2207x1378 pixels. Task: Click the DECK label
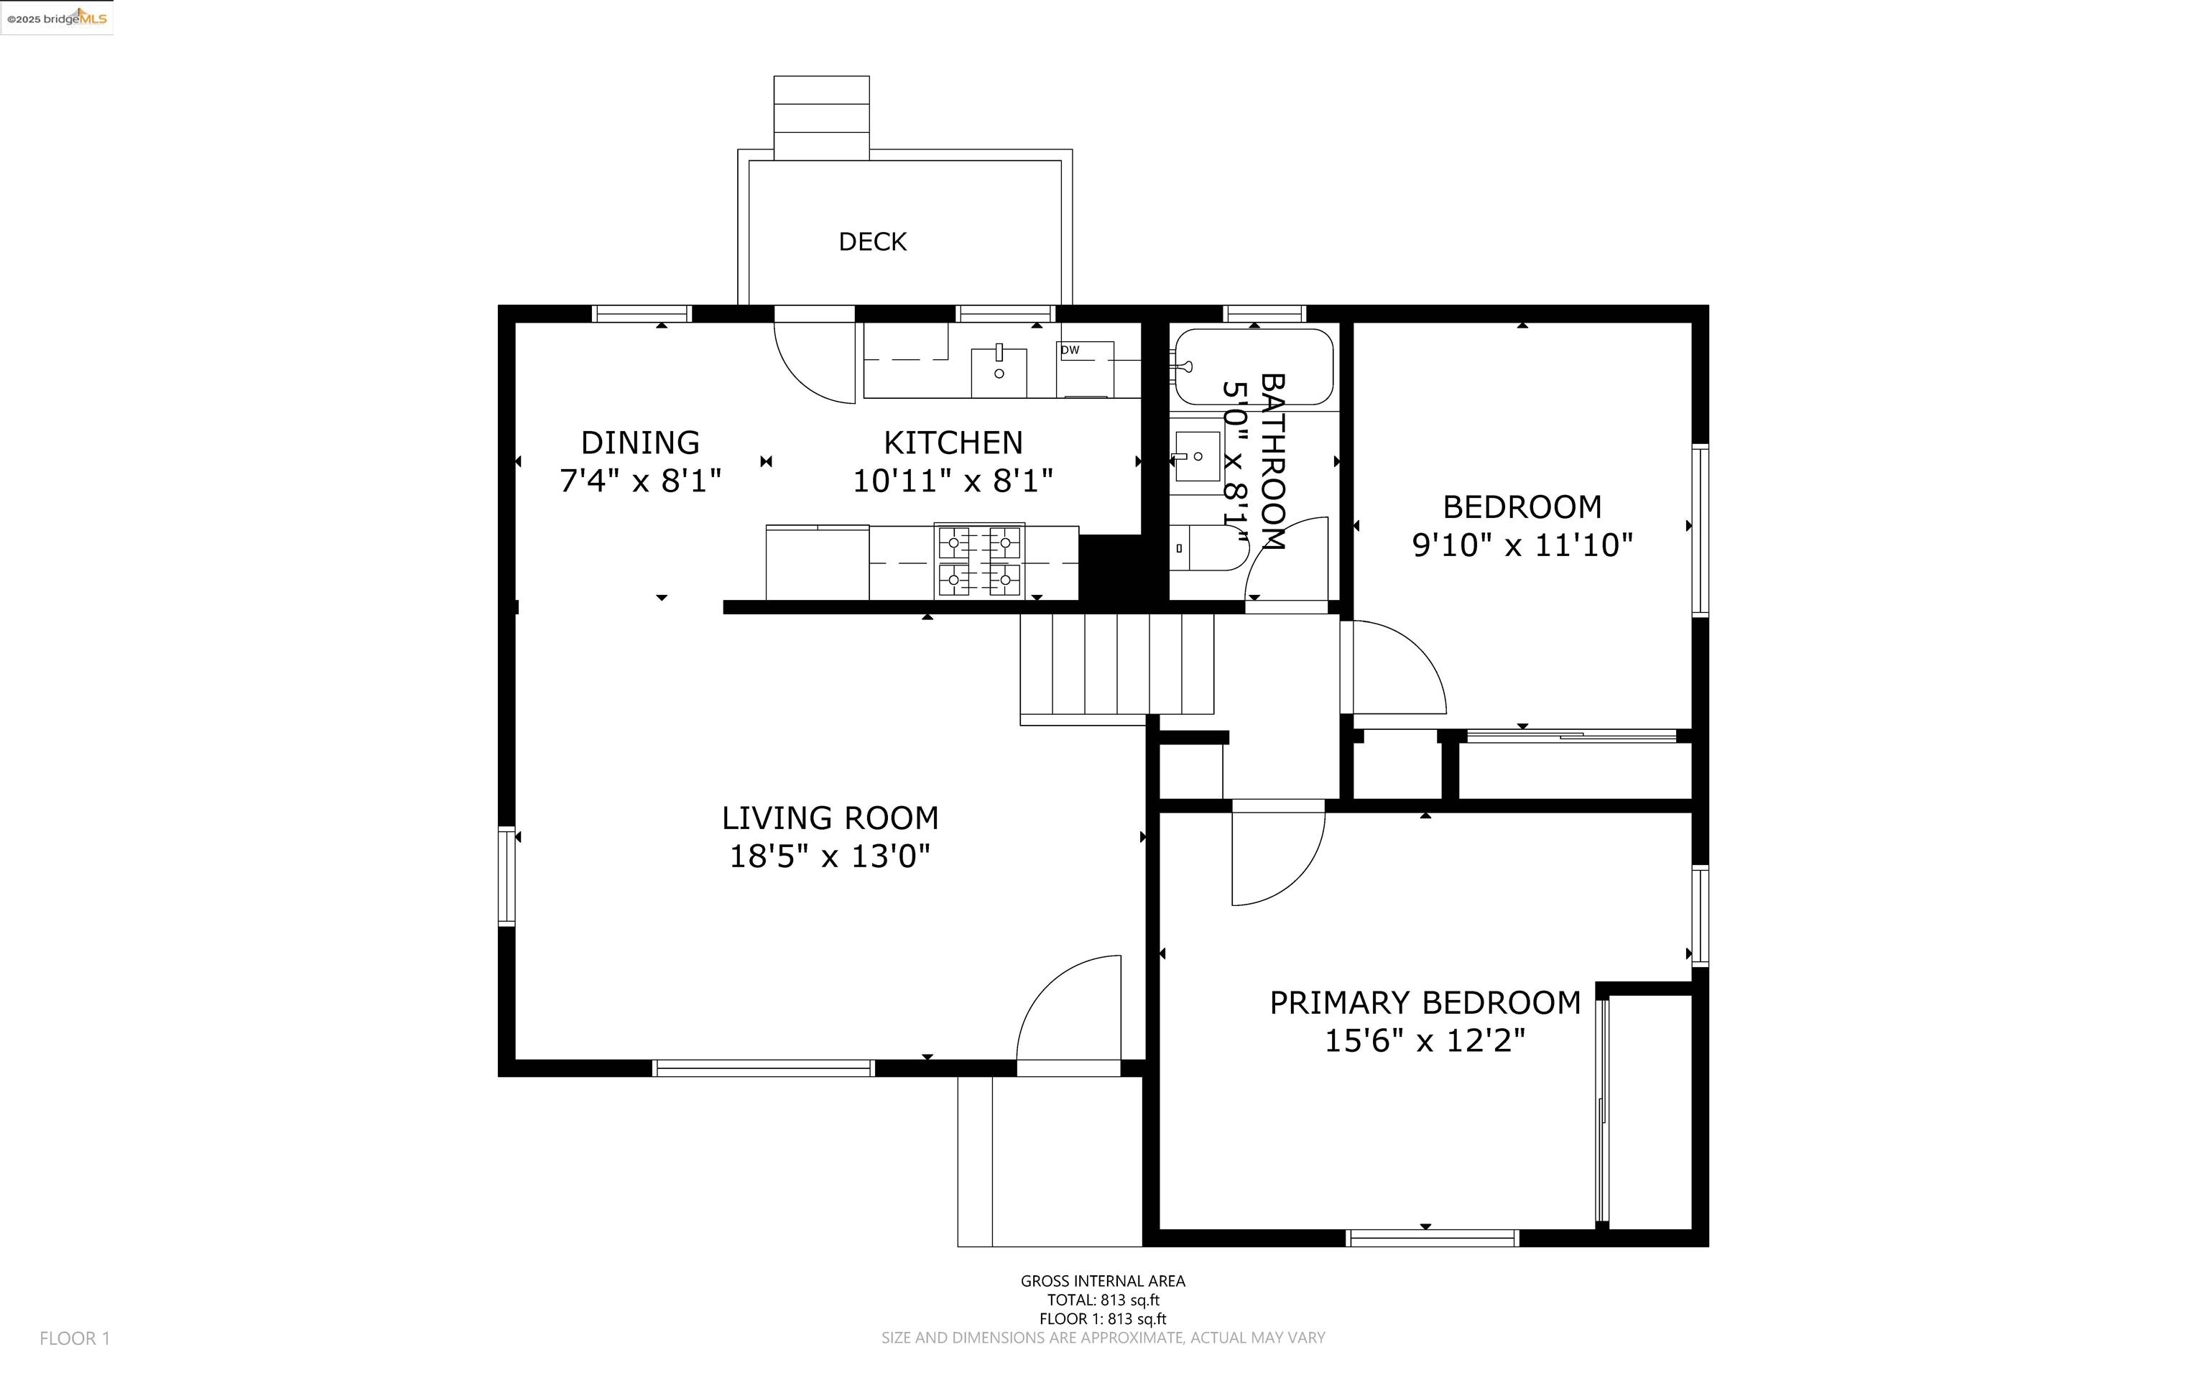click(x=872, y=241)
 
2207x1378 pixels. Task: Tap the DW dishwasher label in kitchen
click(x=1070, y=350)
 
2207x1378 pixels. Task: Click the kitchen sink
click(x=999, y=371)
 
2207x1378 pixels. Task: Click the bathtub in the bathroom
click(x=1254, y=366)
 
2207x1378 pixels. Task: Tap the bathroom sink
click(x=1195, y=456)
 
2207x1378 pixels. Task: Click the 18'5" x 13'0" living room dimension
click(x=829, y=856)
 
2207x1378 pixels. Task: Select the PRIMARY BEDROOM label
click(x=1424, y=1002)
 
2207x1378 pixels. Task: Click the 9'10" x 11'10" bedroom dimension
click(x=1522, y=545)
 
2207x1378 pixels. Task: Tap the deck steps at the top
click(x=821, y=116)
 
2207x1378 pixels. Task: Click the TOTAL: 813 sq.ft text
click(x=1103, y=1300)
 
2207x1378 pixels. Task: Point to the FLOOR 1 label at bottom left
click(x=75, y=1338)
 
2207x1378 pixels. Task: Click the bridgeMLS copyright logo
click(x=57, y=17)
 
